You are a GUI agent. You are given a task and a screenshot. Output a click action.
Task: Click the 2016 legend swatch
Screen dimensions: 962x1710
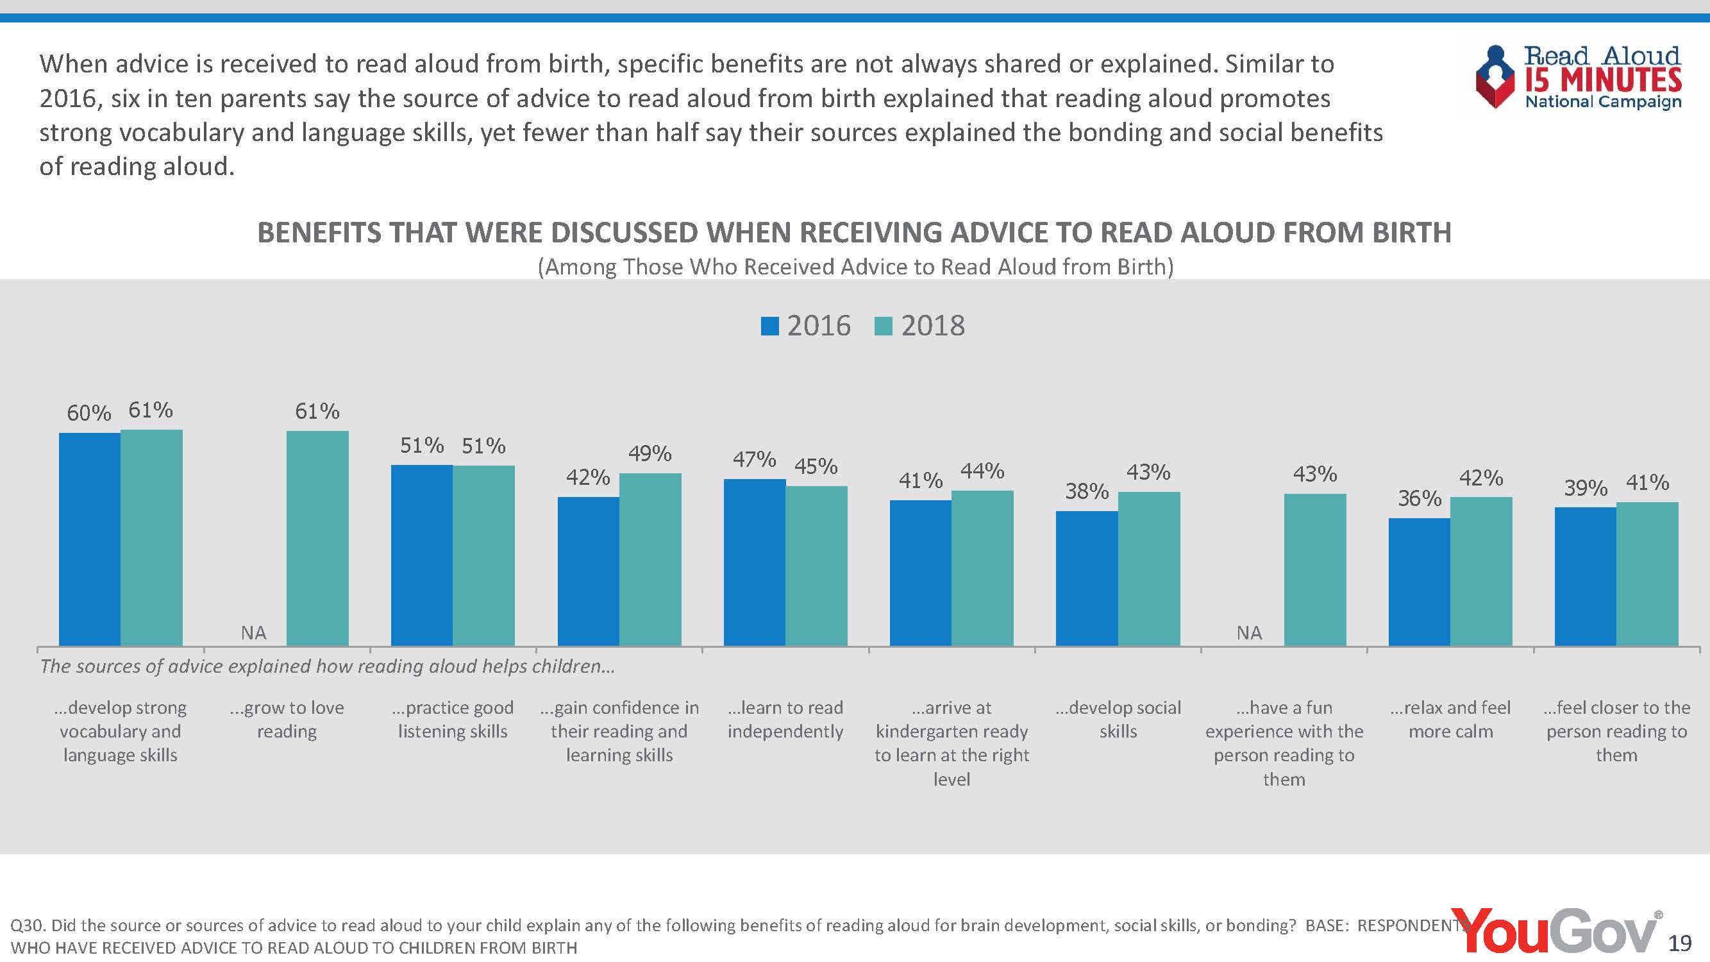click(769, 326)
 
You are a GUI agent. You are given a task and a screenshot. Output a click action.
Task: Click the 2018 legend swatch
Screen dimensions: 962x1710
click(884, 326)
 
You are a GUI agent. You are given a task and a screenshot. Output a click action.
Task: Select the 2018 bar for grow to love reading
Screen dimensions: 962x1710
click(317, 538)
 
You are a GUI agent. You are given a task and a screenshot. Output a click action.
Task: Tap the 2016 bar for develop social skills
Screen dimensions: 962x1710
click(1087, 578)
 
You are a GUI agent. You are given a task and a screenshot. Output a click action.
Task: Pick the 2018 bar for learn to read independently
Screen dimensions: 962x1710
click(816, 565)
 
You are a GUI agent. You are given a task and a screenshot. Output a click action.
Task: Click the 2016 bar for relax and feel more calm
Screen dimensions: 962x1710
click(1420, 582)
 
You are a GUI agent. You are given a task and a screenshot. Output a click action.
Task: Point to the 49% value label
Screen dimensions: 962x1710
click(650, 453)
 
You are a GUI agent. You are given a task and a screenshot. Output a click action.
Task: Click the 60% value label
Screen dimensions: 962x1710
click(89, 413)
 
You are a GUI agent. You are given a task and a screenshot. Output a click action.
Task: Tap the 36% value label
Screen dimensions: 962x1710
click(1420, 498)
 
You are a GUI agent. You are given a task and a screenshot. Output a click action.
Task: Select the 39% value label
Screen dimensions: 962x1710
click(1585, 488)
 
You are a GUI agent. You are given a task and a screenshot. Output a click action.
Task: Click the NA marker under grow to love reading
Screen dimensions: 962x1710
click(253, 633)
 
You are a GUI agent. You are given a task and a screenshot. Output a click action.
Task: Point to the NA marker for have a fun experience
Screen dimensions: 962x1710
click(1249, 633)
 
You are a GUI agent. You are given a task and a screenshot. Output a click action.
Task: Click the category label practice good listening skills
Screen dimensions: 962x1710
click(453, 720)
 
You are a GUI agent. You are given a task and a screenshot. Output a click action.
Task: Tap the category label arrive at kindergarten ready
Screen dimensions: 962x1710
click(952, 743)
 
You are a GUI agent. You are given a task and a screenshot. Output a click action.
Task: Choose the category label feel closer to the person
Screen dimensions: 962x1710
click(1616, 731)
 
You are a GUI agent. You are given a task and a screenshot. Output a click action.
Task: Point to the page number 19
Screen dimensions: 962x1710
click(1680, 943)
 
